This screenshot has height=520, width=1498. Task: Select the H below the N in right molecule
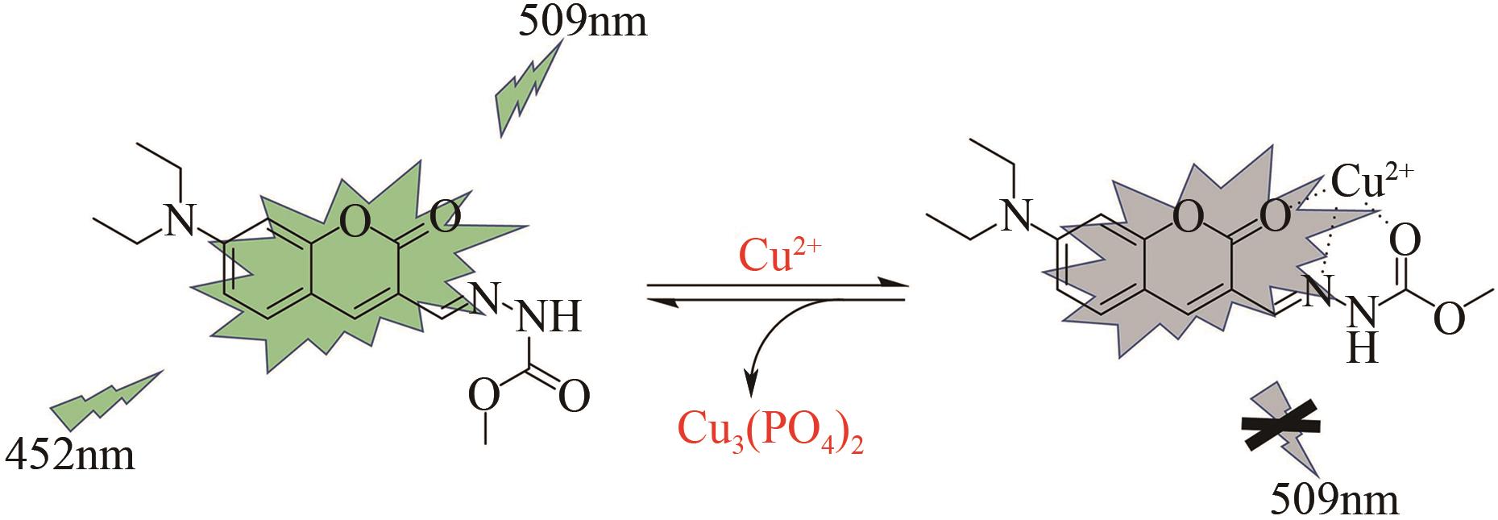(x=1361, y=348)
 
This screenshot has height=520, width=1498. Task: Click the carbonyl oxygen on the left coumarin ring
(x=444, y=216)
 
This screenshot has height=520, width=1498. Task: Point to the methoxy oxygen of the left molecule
(x=483, y=395)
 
